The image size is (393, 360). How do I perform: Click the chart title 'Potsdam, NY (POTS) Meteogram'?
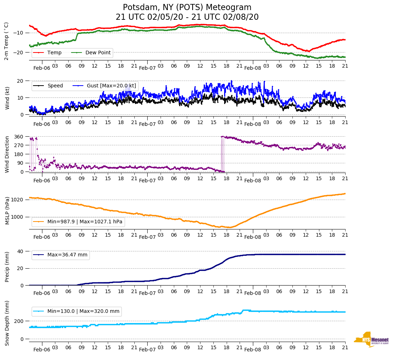(x=187, y=8)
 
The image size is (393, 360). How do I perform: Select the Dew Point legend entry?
(x=98, y=53)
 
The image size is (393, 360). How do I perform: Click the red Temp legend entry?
(x=54, y=53)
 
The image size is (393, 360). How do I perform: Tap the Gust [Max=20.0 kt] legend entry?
(x=111, y=86)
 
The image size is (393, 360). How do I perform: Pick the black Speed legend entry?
(x=55, y=86)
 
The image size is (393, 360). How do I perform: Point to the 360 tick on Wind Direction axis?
(x=19, y=137)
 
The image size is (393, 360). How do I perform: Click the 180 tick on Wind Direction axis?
(x=19, y=154)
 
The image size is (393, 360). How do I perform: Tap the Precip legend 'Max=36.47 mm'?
(x=67, y=255)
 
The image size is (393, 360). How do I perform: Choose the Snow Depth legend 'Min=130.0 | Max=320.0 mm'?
(x=84, y=311)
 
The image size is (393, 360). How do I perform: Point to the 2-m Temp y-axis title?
(x=6, y=41)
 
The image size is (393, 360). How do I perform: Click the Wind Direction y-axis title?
(x=7, y=154)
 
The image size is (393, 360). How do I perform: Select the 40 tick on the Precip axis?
(x=21, y=251)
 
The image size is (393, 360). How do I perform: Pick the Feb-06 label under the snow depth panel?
(x=42, y=350)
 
